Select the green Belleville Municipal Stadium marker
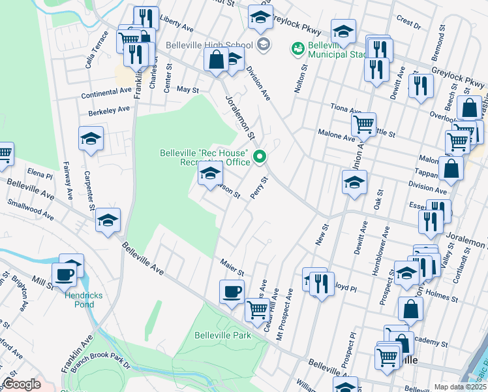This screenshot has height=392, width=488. click(298, 48)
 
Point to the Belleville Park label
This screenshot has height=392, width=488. click(223, 335)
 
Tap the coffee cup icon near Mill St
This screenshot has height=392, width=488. click(64, 275)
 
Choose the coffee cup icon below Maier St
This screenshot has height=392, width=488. click(231, 291)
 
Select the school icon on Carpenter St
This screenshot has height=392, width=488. click(91, 139)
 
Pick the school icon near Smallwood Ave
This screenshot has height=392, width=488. click(109, 220)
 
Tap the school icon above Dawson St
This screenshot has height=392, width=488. click(210, 173)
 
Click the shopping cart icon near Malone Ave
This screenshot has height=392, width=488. click(363, 123)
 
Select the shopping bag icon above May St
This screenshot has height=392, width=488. click(216, 59)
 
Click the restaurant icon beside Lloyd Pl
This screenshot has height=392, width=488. click(322, 284)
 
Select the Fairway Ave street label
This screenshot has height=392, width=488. click(67, 181)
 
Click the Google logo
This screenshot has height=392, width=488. click(22, 384)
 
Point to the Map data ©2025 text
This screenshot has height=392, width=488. click(459, 387)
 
